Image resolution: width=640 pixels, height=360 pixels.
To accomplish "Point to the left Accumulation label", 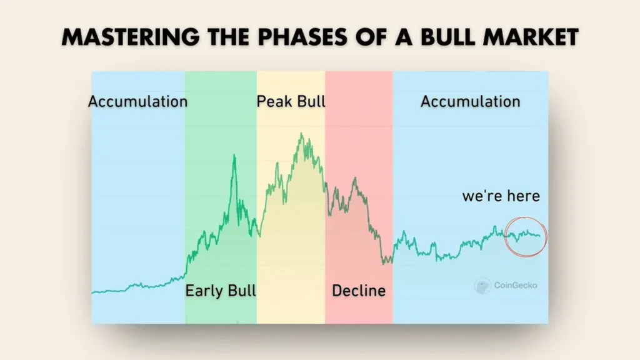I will coord(137,101).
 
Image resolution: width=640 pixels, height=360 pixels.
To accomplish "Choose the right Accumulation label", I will coord(470,101).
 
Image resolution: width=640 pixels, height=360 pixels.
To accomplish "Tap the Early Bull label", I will coord(221,291).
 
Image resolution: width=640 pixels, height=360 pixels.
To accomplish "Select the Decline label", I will coord(359,291).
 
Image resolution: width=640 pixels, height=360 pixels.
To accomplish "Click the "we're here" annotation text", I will coord(501,196).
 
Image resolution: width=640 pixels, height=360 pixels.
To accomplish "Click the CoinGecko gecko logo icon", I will coord(482,286).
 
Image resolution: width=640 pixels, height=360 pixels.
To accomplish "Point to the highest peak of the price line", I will coord(301,133).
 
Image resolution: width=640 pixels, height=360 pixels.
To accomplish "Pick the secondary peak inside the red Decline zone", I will coord(355,179).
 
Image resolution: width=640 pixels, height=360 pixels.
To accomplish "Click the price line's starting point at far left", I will coord(92,292).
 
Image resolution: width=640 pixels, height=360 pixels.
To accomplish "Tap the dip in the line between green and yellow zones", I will coord(257,235).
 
